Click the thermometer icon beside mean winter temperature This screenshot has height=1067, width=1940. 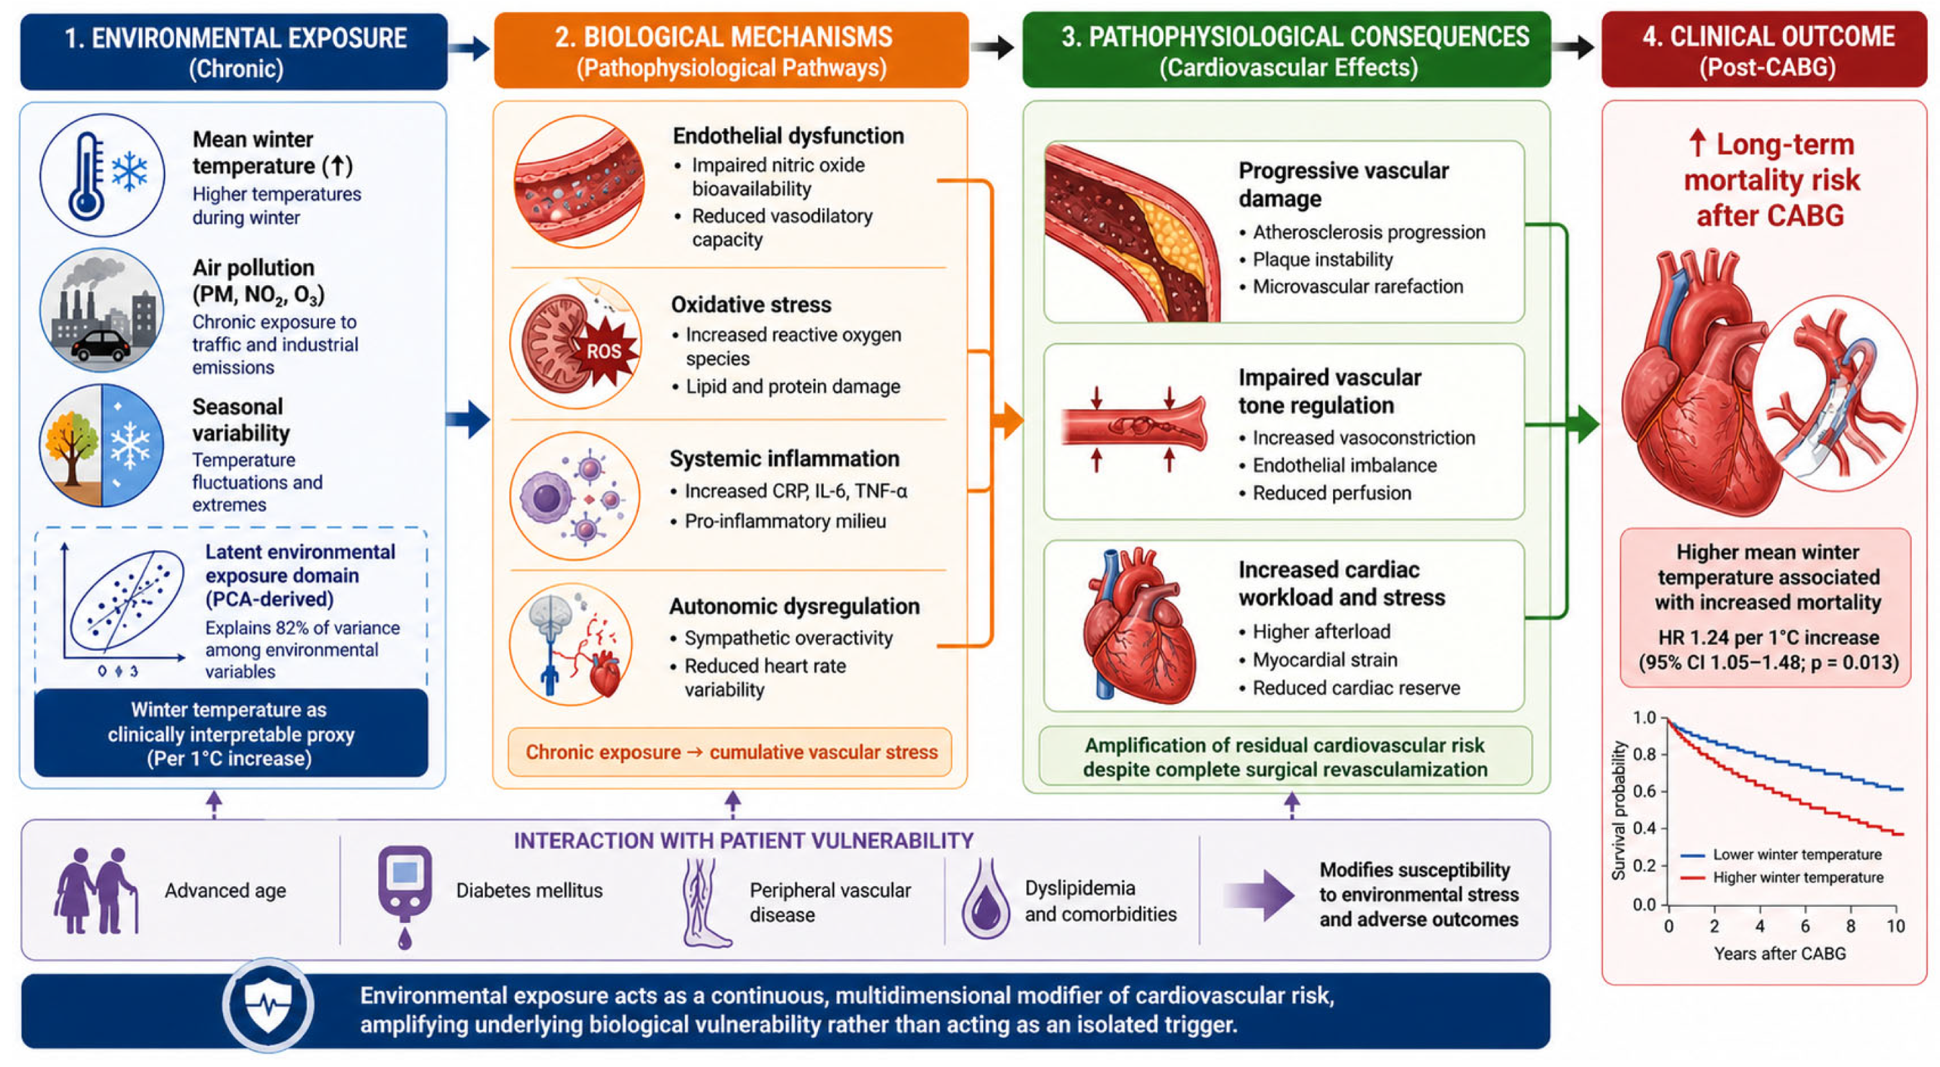pos(86,176)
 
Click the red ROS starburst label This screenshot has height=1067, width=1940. pos(604,350)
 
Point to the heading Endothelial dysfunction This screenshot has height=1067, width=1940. pos(788,136)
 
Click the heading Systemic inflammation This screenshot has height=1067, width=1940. pos(784,458)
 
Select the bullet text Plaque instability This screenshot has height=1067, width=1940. pos(1323,259)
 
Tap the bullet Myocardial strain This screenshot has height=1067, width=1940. pos(1325,660)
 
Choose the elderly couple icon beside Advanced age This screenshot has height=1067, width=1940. pos(96,891)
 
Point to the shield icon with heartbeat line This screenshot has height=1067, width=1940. pos(268,1005)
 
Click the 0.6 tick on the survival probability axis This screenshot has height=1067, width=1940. pos(1645,791)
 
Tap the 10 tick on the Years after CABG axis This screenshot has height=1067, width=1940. pos(1896,925)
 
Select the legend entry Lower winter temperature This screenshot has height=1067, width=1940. pos(1782,855)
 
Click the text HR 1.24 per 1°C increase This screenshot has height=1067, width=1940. pos(1768,638)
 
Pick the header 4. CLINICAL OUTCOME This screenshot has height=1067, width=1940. pos(1768,36)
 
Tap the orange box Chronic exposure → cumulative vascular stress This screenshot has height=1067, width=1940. pos(730,752)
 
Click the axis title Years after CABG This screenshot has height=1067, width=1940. pos(1781,953)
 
